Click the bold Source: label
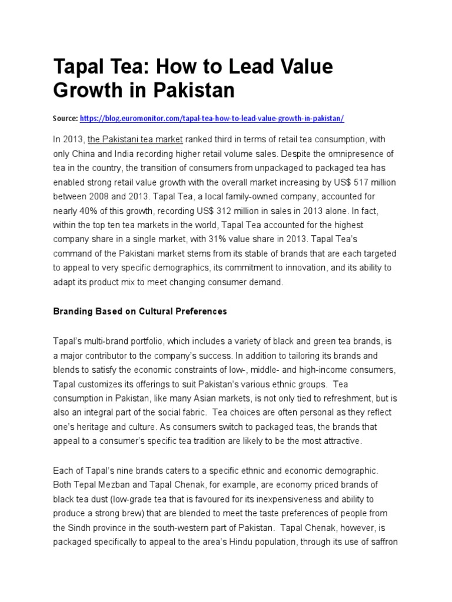[x=65, y=118]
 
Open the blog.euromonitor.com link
[x=212, y=118]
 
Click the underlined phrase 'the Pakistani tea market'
[x=135, y=139]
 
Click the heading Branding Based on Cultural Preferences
[x=139, y=312]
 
